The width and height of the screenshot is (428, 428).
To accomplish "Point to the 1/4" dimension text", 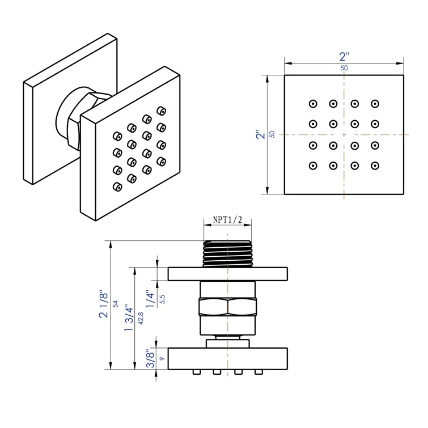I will click(x=149, y=298).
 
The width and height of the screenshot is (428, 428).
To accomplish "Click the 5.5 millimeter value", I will click(x=162, y=299).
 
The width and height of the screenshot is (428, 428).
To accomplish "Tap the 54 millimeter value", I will click(x=116, y=304).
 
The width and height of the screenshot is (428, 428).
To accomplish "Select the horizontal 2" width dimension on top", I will click(x=344, y=57).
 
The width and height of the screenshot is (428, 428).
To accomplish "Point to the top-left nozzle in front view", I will click(x=312, y=104).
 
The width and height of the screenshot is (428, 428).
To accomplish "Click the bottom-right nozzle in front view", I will click(x=375, y=166).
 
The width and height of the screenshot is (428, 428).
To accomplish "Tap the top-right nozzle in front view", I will click(x=375, y=104).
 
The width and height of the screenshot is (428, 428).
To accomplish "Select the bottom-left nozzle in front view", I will click(x=312, y=166).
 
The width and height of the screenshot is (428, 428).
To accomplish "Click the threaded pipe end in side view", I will click(x=227, y=253).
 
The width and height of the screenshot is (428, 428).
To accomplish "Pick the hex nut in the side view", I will click(x=227, y=308).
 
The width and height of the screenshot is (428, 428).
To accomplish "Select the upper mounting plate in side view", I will click(x=227, y=274).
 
